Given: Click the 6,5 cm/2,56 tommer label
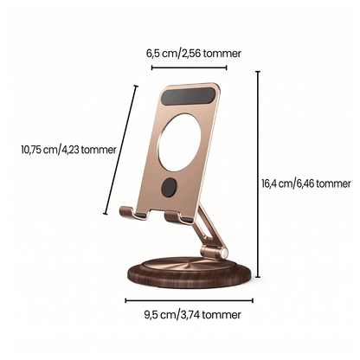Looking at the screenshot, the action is [194, 54].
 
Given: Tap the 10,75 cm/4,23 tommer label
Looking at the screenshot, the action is [68, 150].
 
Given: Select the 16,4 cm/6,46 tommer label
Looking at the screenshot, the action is [306, 183].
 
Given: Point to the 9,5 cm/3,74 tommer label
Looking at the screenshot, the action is [192, 314].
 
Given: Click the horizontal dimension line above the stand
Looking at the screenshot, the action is [189, 67].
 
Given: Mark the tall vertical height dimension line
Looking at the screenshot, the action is [258, 174].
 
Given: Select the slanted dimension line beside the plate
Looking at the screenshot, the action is [120, 150].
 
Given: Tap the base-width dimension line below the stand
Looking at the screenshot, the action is [189, 300].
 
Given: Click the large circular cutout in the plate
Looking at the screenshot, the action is [180, 142].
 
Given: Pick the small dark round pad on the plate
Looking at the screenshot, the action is [169, 188].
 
